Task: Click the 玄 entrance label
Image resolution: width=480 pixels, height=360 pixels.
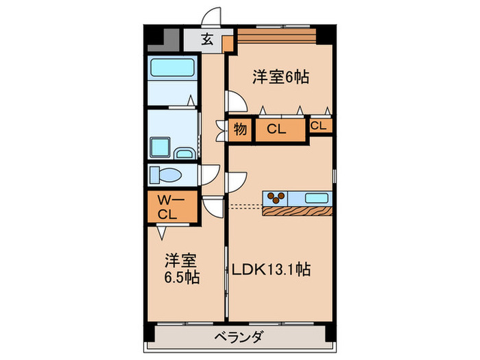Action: tap(206, 39)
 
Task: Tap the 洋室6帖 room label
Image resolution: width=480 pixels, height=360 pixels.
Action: tap(280, 77)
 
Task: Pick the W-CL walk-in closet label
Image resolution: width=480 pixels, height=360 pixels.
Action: tap(167, 207)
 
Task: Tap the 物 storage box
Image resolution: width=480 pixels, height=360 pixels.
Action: tap(241, 129)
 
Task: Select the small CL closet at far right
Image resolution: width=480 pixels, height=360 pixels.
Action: tap(320, 125)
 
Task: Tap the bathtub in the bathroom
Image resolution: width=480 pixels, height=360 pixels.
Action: tap(171, 69)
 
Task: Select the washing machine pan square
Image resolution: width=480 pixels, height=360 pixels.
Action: tap(159, 147)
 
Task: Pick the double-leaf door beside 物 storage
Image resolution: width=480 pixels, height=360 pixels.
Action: tap(221, 130)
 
